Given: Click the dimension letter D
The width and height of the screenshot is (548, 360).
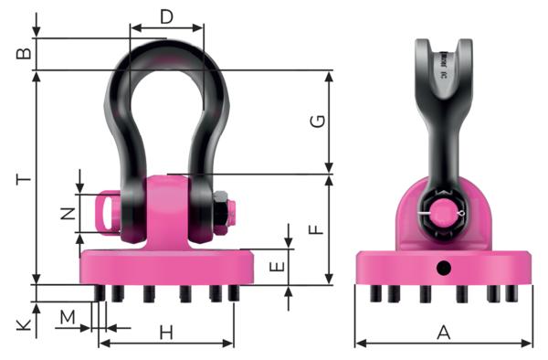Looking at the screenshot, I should point(166,16).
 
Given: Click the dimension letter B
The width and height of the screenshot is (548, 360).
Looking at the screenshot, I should point(26,54).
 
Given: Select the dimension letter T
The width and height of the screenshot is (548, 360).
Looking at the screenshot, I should point(26,180).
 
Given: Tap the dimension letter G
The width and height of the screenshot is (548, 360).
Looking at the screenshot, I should point(317,122).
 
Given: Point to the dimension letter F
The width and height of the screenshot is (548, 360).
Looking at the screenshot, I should point(317,226).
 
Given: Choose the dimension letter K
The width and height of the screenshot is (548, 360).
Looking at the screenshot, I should point(26,323).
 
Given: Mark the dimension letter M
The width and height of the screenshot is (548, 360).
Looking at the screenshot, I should point(67,317).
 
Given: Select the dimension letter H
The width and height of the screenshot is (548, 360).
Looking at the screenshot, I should point(166,331).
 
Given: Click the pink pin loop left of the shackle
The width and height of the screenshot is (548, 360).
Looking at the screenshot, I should point(109,212).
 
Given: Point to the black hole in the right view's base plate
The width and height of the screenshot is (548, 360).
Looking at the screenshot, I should point(444,268).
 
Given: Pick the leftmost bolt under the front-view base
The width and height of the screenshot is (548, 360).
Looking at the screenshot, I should point(100,292).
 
